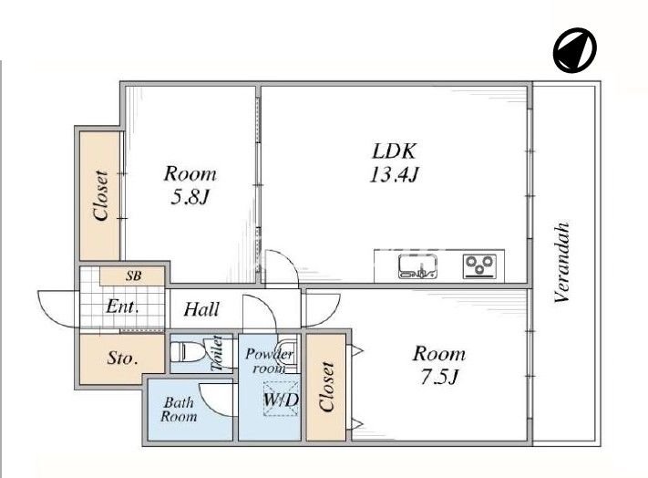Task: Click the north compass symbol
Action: point(575,50)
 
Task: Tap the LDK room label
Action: point(394,151)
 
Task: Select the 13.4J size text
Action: point(394,175)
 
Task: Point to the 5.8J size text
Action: point(190,198)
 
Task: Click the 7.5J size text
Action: point(439,377)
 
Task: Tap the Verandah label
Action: point(562,263)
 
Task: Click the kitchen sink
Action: point(418,266)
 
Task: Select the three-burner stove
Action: point(479,265)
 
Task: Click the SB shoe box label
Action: point(133,275)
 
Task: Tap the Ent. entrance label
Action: point(122,307)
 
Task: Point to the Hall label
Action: point(201,309)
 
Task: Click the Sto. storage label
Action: point(122,358)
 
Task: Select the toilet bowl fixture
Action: point(187,352)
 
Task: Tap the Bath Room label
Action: point(179,409)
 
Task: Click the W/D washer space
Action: point(281,399)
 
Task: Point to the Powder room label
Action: point(269,360)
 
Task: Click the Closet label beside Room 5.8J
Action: point(102,195)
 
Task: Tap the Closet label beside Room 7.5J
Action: point(326,387)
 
